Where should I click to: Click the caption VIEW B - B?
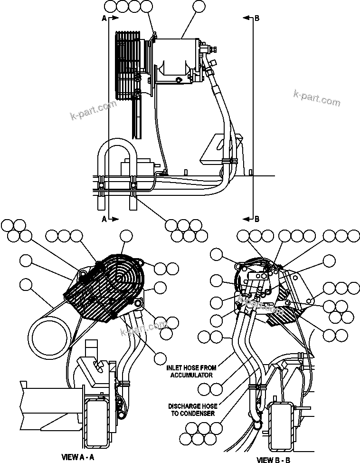tap(273, 460)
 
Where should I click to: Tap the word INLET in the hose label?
tap(174, 367)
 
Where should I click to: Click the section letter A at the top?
tap(104, 18)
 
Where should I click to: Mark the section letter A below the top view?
tap(104, 219)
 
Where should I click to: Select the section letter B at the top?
tap(257, 18)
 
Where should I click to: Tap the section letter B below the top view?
tap(257, 219)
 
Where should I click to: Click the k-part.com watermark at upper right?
tap(317, 98)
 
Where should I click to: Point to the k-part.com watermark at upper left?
tap(93, 110)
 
